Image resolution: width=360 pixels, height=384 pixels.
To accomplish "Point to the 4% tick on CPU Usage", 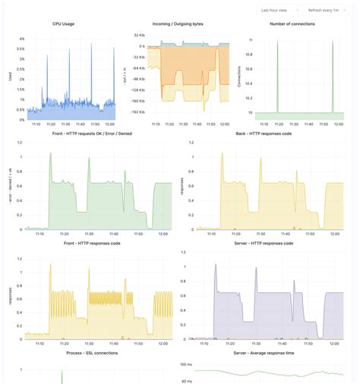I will [21, 39].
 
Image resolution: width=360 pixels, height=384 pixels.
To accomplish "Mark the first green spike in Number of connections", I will [277, 42].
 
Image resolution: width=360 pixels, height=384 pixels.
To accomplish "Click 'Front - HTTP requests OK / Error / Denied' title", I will [89, 134].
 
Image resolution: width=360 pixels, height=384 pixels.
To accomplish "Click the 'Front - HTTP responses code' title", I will [89, 244].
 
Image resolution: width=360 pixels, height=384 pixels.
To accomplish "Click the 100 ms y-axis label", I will [186, 364].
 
